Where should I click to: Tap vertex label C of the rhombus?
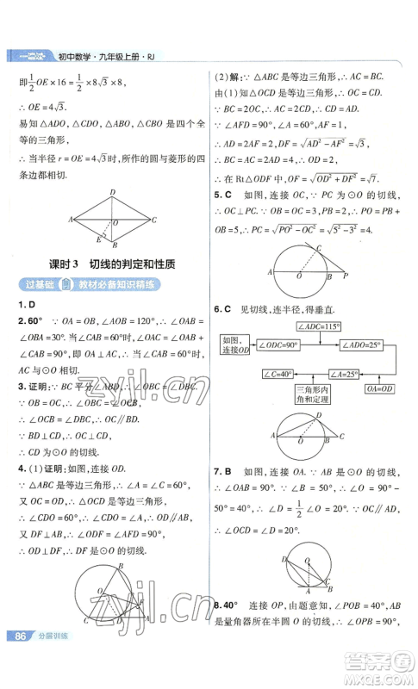point(154,220)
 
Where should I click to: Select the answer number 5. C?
point(223,195)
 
